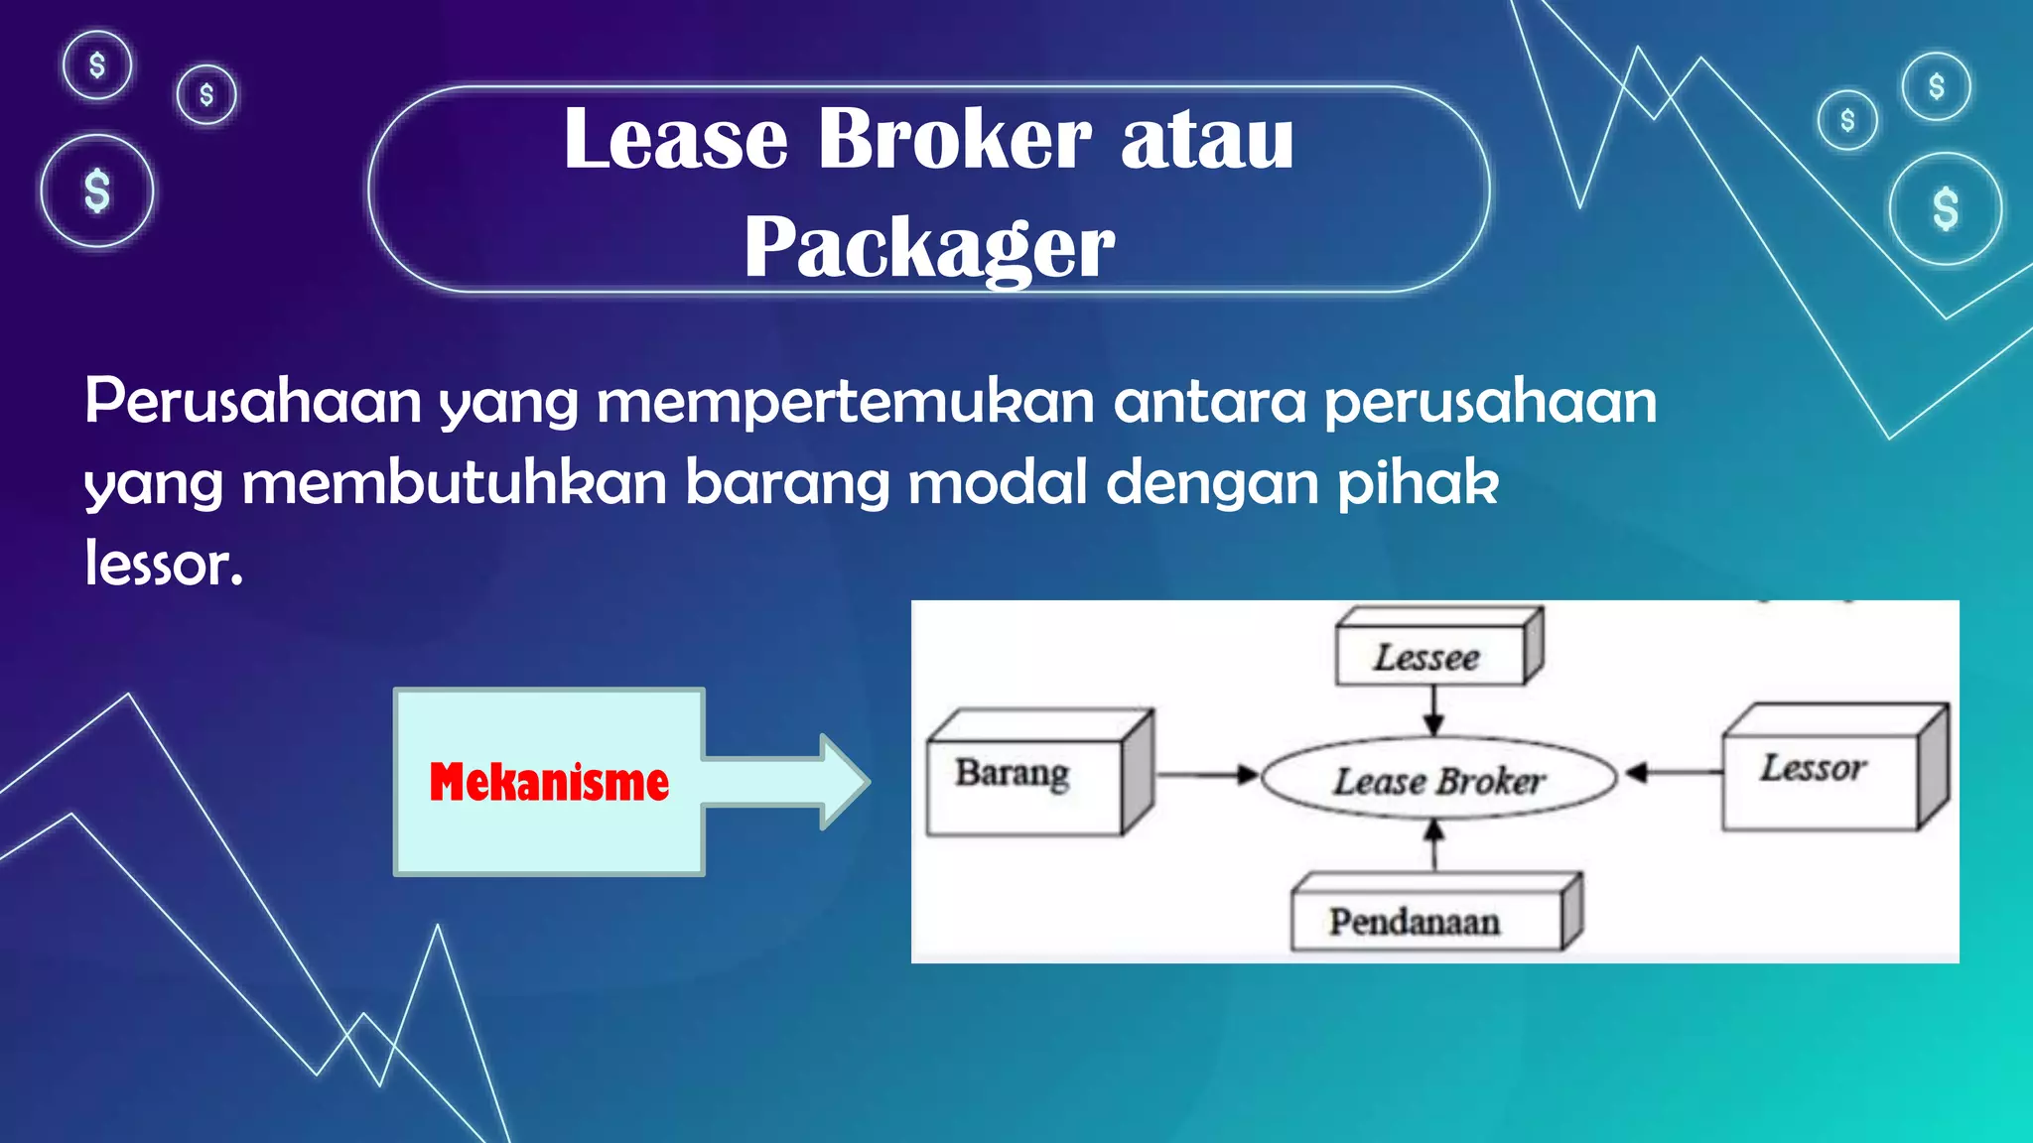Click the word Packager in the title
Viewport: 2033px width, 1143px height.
pyautogui.click(x=929, y=247)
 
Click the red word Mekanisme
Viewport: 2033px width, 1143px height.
pyautogui.click(x=549, y=782)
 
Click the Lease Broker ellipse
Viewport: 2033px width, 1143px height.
pyautogui.click(x=1439, y=780)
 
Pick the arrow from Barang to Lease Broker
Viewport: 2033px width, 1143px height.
pyautogui.click(x=1207, y=774)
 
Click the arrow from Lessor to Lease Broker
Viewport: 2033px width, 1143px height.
pyautogui.click(x=1674, y=772)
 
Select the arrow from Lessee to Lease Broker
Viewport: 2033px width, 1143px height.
pyautogui.click(x=1433, y=710)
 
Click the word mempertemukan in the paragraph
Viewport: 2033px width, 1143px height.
pyautogui.click(x=845, y=402)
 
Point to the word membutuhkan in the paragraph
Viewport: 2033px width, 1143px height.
pyautogui.click(x=454, y=483)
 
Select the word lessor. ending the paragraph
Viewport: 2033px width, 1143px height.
pyautogui.click(x=164, y=565)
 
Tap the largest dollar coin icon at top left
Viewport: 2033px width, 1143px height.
pyautogui.click(x=97, y=190)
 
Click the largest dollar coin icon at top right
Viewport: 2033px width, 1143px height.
pyautogui.click(x=1945, y=208)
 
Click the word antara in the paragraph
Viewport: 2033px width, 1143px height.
pyautogui.click(x=1209, y=402)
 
